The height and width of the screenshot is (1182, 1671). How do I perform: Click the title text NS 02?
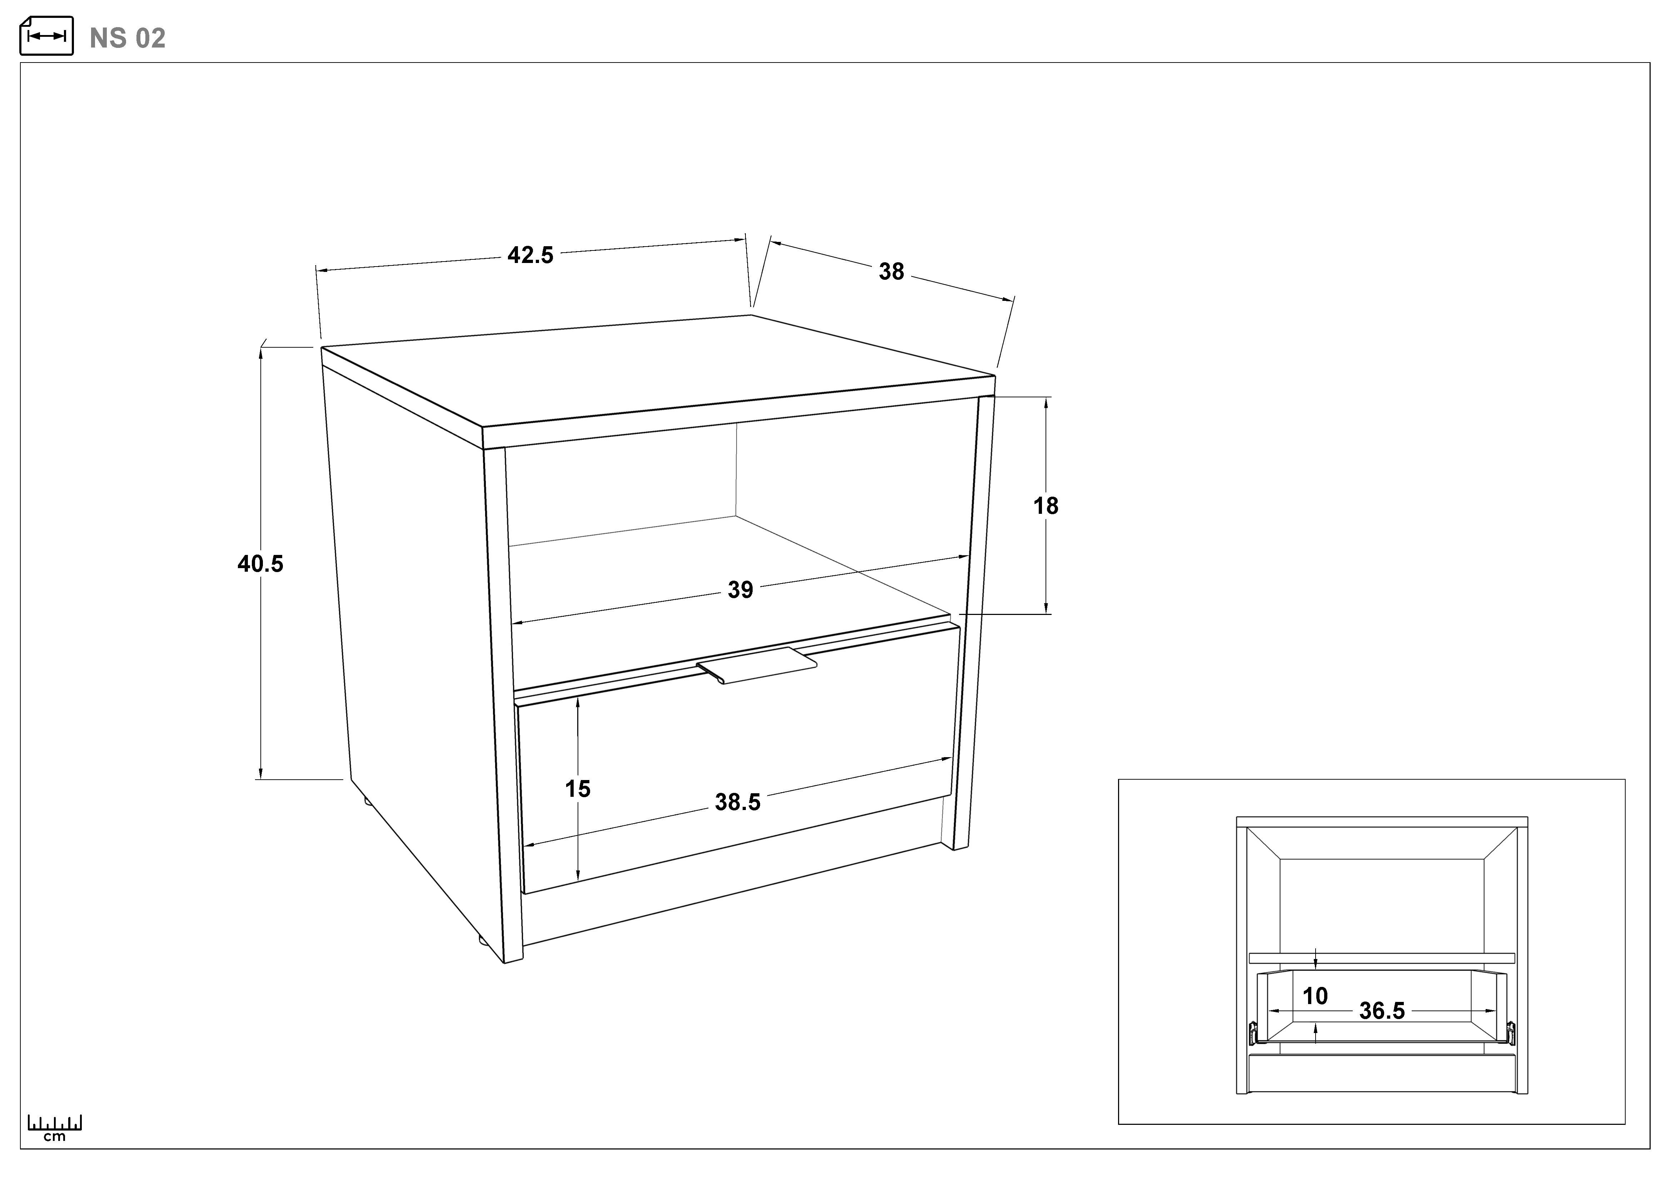128,38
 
